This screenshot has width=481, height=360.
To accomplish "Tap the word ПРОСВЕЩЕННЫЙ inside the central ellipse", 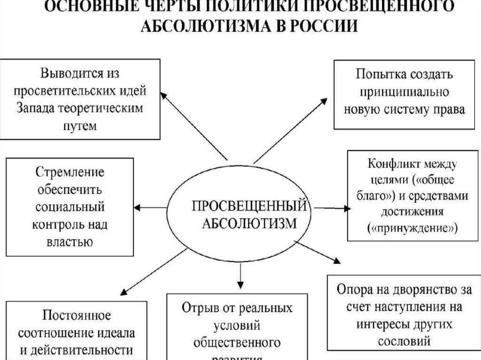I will click(x=249, y=206).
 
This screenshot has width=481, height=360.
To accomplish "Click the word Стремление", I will click(x=70, y=172).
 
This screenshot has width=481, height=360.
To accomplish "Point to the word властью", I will click(x=70, y=242).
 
